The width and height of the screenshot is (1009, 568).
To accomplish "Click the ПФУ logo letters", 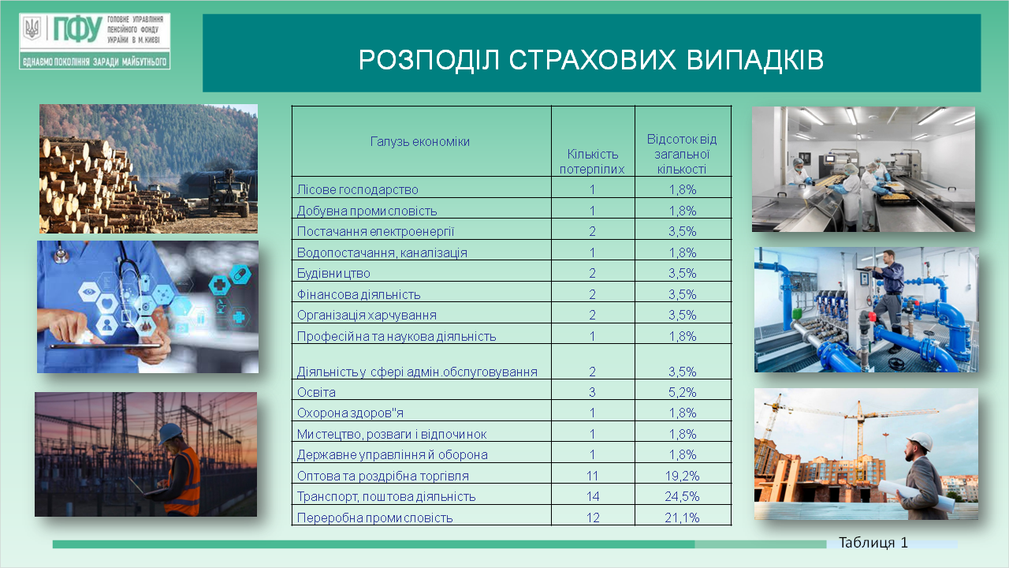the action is click(77, 29).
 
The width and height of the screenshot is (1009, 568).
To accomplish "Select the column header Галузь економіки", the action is click(420, 141).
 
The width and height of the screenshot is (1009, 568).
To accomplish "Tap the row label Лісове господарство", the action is click(357, 190).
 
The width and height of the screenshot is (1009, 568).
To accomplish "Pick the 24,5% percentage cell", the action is click(682, 496).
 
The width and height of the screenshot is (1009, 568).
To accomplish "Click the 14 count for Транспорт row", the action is click(593, 496).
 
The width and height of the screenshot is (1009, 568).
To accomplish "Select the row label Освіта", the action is click(316, 392).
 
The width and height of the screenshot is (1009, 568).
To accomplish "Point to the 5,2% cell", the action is click(682, 392).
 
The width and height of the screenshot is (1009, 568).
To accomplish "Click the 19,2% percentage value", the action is click(682, 476).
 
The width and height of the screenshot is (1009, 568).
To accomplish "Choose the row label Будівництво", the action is click(333, 273).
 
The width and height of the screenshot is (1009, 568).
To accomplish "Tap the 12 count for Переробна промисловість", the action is click(593, 518).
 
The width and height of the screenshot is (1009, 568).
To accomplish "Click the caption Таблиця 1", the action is click(873, 542).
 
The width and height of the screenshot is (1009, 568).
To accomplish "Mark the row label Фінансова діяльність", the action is click(359, 294).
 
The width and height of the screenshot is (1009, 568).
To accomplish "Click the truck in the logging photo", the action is click(229, 195).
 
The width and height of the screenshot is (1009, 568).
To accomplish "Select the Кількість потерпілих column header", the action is click(592, 162).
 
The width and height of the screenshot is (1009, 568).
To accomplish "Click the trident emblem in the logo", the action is click(32, 28).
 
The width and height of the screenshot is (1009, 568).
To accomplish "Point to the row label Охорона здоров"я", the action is click(350, 413).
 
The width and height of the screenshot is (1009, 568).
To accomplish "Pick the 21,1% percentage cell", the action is click(682, 518).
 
